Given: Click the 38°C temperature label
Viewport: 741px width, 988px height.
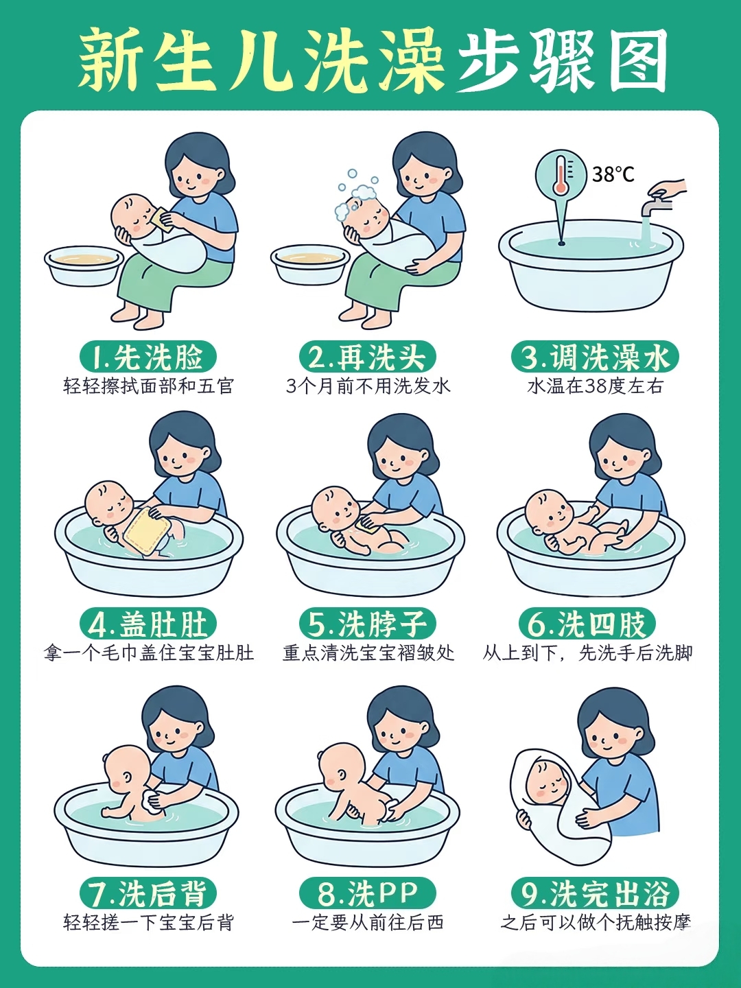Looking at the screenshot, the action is point(613,174).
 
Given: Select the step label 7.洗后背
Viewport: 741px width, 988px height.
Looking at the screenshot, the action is point(148,893).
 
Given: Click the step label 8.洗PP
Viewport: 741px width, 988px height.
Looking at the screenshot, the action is point(368,893).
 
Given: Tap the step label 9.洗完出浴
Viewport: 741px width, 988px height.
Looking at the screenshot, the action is point(595,893).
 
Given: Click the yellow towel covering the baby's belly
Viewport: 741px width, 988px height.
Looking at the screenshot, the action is point(145,531).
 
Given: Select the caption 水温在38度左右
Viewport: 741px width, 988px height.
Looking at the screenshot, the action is point(595,386).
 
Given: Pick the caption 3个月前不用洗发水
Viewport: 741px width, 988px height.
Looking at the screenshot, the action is point(368,386).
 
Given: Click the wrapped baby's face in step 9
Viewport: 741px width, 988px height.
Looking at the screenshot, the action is point(550,785).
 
